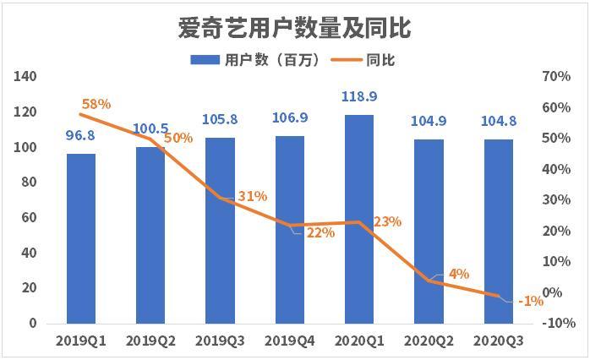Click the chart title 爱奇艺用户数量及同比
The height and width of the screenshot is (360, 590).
point(294,28)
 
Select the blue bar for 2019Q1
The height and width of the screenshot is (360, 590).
point(81,238)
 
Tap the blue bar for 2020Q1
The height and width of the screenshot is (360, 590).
point(359,220)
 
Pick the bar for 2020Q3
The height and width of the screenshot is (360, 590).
point(498,232)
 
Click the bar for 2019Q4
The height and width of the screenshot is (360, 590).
point(290,230)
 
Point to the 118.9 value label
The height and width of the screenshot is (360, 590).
point(359,96)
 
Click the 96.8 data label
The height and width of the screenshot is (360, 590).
point(80,135)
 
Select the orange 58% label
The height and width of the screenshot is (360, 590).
point(96,104)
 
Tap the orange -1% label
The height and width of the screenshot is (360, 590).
point(531,301)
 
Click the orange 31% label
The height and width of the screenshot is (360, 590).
point(253,196)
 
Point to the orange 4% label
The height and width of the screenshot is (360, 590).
point(459,274)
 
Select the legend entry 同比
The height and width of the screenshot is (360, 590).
point(363,60)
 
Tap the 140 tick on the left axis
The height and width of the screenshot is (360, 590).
point(25,76)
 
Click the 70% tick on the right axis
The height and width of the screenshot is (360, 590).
point(556,76)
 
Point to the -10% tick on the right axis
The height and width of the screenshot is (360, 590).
point(559,323)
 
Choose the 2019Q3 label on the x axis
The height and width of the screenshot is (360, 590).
point(220,341)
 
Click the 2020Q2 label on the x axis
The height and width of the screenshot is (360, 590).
point(429,341)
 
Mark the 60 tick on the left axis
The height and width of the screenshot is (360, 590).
point(29,217)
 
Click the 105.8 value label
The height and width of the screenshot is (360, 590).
point(220,120)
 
